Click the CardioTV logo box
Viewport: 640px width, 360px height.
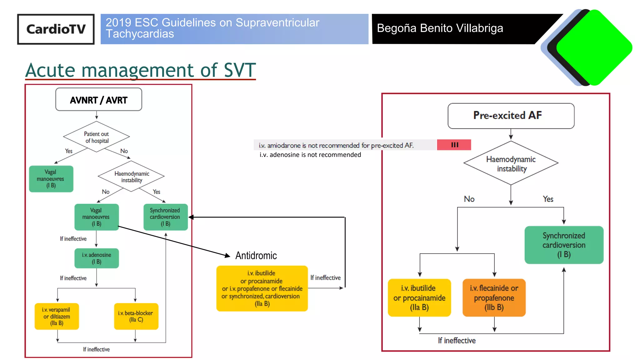56,29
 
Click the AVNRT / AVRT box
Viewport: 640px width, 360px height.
98,100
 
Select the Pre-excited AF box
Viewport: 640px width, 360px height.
511,116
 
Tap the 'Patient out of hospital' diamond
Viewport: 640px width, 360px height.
97,137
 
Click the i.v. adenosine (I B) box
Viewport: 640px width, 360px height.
97,258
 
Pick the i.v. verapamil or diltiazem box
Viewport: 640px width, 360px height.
57,316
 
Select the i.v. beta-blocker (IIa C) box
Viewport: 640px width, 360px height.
136,316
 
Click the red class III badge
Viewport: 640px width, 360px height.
454,145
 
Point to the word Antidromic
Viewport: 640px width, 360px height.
256,256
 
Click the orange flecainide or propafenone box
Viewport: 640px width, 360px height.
494,297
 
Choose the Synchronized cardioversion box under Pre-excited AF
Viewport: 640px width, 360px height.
564,245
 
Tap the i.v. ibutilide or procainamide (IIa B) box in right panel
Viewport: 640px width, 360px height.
419,297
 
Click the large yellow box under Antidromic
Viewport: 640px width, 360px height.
262,288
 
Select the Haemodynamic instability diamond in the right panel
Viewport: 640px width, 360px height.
511,163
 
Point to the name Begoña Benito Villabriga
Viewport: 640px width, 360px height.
440,28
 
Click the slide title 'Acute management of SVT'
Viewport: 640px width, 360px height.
140,70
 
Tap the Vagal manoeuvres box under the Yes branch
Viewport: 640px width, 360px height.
51,179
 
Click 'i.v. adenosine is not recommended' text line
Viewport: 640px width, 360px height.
310,155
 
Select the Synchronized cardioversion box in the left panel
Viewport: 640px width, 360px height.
165,217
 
